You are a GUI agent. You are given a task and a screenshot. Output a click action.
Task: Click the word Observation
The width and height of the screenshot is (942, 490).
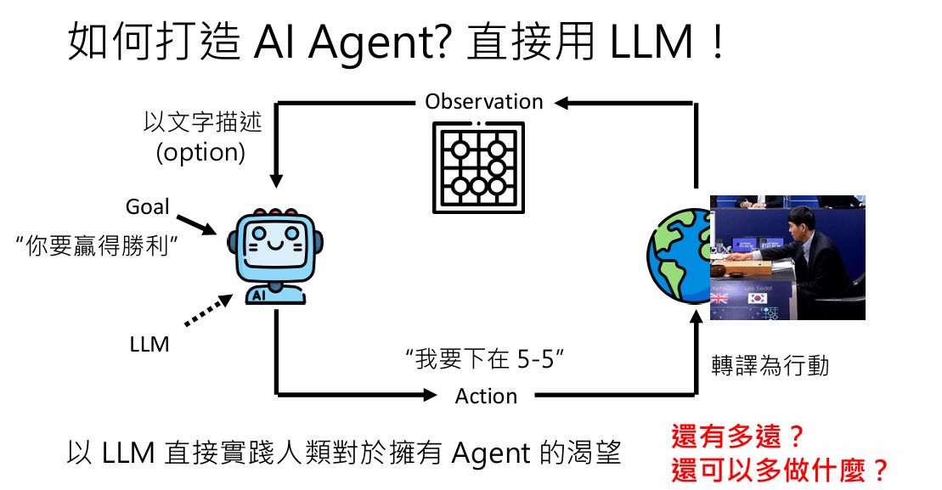483,102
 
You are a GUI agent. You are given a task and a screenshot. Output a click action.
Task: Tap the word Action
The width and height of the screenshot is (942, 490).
486,397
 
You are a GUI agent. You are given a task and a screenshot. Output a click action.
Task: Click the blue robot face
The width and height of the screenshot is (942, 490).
275,247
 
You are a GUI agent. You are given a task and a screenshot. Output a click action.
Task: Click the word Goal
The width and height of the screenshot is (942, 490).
148,206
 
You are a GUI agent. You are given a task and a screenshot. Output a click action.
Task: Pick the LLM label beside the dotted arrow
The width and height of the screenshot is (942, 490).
149,345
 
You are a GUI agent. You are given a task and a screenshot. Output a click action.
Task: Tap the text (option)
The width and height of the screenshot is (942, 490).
200,153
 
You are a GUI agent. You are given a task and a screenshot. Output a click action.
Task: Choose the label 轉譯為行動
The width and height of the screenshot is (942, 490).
770,366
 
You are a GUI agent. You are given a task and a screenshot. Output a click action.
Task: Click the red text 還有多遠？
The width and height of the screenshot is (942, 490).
737,437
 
